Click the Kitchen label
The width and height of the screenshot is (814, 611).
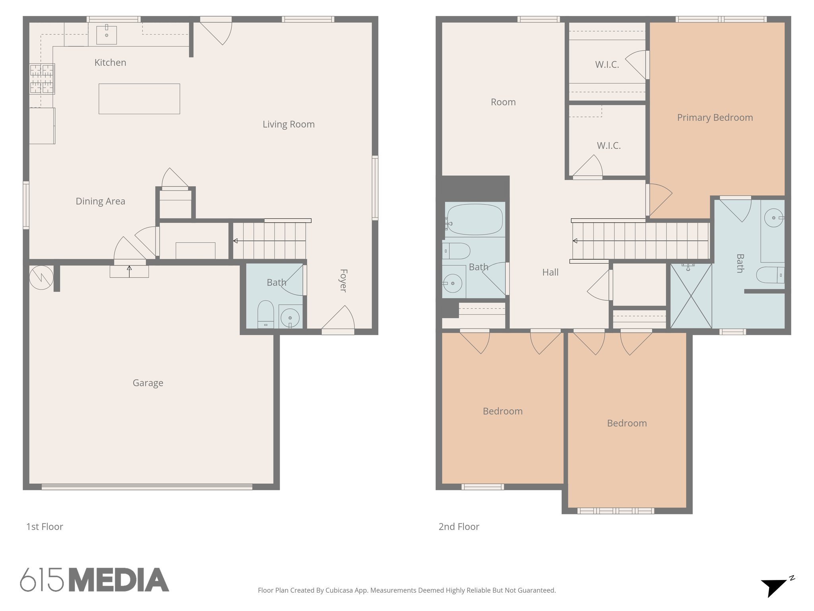click(x=110, y=62)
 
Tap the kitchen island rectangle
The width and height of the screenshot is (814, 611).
click(x=139, y=99)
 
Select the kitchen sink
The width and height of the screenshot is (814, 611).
click(x=107, y=35)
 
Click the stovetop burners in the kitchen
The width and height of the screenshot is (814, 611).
click(x=42, y=79)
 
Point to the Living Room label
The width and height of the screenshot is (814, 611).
click(x=289, y=124)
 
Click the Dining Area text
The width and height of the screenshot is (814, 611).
click(x=100, y=201)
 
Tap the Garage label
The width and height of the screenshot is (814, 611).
click(x=148, y=383)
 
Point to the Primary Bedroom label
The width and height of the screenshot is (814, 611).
click(x=715, y=117)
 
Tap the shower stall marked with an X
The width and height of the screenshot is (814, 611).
click(x=691, y=296)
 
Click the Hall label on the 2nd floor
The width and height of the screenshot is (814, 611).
click(x=550, y=272)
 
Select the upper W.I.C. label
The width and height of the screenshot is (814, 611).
click(x=607, y=65)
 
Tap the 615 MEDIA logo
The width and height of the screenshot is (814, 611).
click(x=95, y=580)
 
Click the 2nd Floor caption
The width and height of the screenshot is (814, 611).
click(x=459, y=527)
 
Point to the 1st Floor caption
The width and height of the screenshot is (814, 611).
click(x=45, y=527)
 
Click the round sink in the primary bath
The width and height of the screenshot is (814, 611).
click(x=773, y=218)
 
